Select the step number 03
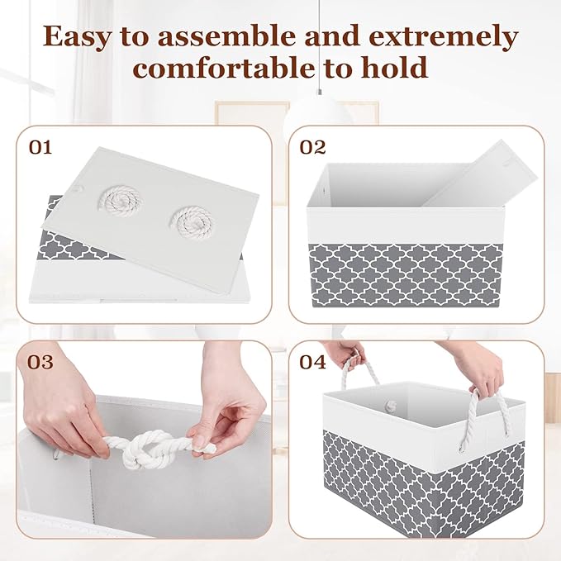40,362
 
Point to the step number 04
312,362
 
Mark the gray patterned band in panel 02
405,273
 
